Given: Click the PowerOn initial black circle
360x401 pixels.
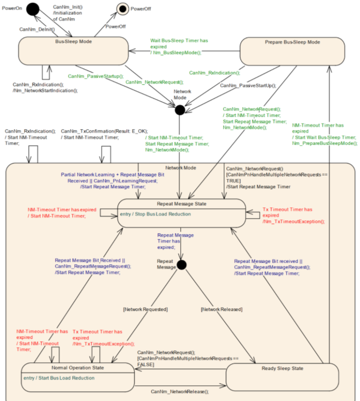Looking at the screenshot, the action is (33, 9).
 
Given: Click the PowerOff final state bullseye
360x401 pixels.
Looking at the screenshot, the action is (123, 9).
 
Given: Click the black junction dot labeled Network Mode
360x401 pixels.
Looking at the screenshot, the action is (180, 110).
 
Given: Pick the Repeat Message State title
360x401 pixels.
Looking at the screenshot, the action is (182, 204).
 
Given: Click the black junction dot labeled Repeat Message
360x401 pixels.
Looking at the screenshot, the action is (181, 265).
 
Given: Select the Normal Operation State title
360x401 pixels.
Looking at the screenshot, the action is (78, 368).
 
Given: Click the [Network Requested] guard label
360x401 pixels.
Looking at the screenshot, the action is (145, 309).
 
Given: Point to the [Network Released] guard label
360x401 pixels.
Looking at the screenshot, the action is (222, 309).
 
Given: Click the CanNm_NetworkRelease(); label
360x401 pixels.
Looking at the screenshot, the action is (180, 391).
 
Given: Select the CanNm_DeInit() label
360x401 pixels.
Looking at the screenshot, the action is (37, 29).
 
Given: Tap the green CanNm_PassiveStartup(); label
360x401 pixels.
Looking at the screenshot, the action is (95, 76).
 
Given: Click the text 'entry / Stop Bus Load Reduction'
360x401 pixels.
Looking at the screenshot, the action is (155, 214).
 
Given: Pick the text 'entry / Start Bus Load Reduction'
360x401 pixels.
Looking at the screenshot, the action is (59, 378).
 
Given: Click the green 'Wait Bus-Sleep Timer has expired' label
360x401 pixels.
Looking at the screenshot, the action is (179, 43).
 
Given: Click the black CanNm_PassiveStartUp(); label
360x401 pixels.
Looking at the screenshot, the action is (248, 85).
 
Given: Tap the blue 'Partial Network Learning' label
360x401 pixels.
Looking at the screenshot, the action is (87, 175).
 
